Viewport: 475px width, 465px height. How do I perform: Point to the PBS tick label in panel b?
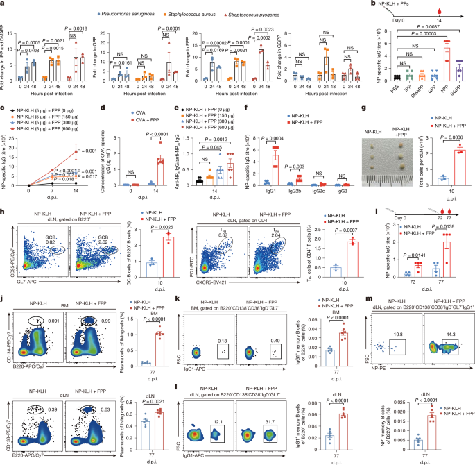tap(378, 89)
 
